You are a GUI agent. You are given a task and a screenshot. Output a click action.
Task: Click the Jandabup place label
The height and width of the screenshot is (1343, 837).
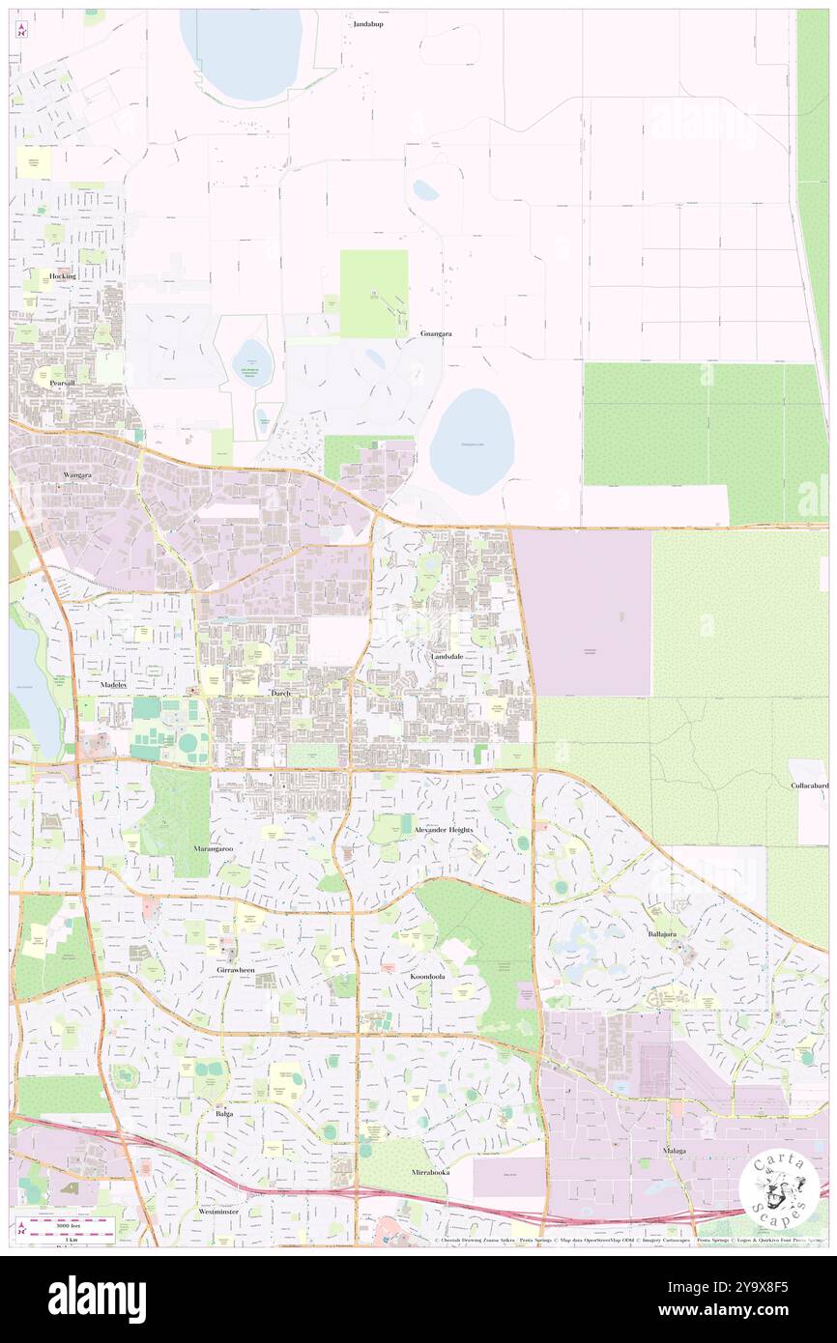click(x=367, y=24)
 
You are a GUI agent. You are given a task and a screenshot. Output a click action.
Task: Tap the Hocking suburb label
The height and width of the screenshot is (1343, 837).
click(x=63, y=275)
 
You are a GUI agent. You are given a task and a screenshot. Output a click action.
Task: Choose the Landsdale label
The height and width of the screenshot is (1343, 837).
click(x=447, y=656)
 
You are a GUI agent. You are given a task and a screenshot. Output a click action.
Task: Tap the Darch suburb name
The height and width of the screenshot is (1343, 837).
click(x=281, y=694)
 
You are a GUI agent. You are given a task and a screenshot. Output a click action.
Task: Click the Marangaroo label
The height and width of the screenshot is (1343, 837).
click(x=213, y=848)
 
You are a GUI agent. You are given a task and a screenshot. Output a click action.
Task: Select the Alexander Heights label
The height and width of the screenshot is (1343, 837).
click(x=444, y=830)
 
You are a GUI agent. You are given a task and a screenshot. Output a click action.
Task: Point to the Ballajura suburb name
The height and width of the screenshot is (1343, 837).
click(x=668, y=934)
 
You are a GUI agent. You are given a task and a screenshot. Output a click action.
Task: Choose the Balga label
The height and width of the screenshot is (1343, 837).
click(x=224, y=1113)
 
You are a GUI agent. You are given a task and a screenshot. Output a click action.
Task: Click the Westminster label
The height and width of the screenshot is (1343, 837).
click(x=218, y=1211)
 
